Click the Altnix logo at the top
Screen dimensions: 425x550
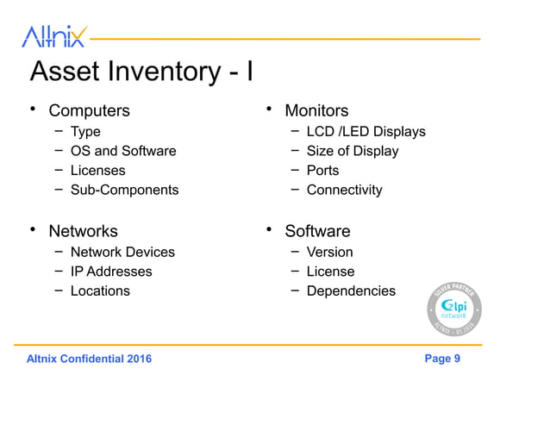click(53, 35)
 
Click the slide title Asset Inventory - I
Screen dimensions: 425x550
click(141, 72)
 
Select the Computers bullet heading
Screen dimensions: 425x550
click(89, 111)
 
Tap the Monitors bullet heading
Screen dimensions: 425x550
click(316, 111)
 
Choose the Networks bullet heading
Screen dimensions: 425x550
click(83, 232)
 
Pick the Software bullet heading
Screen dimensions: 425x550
click(317, 232)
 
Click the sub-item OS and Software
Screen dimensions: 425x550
click(122, 151)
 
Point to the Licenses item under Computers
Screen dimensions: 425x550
click(97, 171)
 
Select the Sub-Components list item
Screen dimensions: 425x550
click(124, 190)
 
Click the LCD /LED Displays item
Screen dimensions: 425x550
click(366, 132)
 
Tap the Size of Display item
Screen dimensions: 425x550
click(353, 151)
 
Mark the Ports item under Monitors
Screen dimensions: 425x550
click(322, 171)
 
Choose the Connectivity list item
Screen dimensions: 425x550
click(344, 190)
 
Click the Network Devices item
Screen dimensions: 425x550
click(122, 253)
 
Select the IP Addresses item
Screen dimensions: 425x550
click(111, 272)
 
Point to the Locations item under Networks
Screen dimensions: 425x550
click(100, 291)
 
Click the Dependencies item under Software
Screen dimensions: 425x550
click(351, 291)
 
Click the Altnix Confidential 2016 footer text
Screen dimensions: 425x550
click(89, 359)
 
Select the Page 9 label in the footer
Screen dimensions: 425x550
click(442, 359)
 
